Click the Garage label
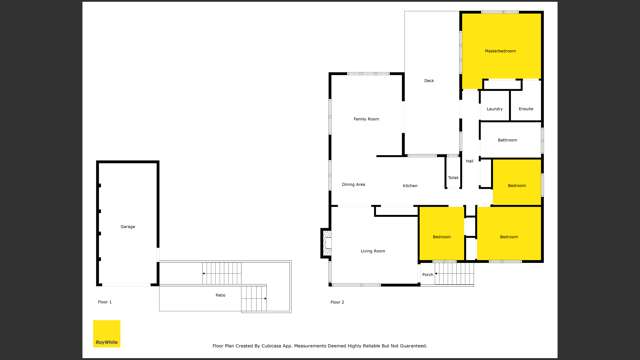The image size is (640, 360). pos(127,227)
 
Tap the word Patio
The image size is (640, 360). pos(220,295)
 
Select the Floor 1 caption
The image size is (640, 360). pos(104,302)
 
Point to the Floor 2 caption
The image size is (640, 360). pos(337,302)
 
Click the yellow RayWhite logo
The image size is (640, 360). pos(106,334)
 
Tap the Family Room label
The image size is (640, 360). pos(366,119)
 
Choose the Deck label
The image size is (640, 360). pos(429,80)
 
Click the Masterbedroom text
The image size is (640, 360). pos(500,50)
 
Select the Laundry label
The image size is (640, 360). pos(494,108)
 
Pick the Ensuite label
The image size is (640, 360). pos(526,108)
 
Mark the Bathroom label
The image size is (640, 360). pos(508,140)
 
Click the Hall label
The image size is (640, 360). pos(469,160)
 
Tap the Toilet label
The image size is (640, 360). pos(453,178)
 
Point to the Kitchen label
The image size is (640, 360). pos(410,186)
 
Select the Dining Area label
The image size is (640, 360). pos(353,185)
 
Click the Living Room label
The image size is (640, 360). pos(372,251)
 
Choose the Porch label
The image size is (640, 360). pos(427,273)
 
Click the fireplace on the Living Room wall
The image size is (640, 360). pos(325,243)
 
